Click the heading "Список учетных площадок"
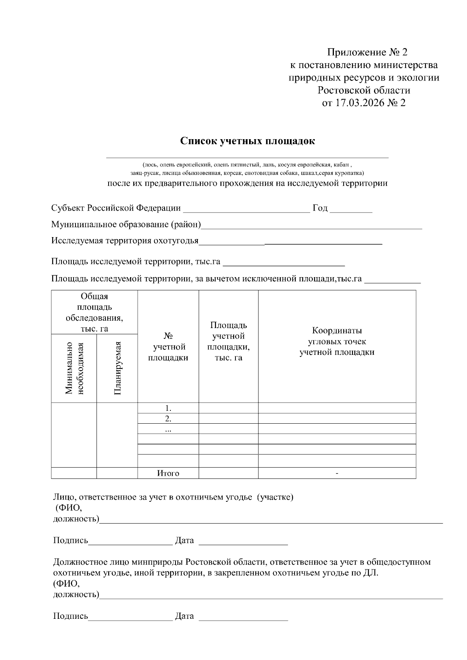coord(247,141)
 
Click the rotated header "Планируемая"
coord(118,368)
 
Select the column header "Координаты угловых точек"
coord(337,341)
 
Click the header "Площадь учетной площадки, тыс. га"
coord(228,341)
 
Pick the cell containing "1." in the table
coord(168,409)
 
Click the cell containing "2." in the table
coord(168,419)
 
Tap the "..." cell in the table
coord(168,429)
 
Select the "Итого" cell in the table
coord(168,473)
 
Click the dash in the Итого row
coord(337,473)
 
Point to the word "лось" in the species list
coord(150,164)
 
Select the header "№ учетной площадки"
coord(168,347)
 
